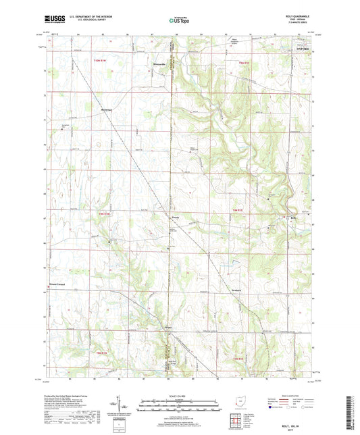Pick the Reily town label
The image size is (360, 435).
click(293, 217)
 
